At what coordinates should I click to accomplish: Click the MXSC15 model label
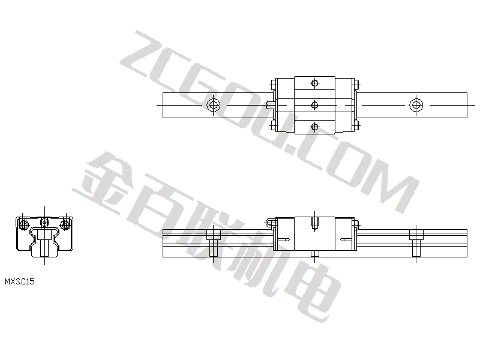(20, 281)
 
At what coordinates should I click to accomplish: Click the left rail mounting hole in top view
(214, 106)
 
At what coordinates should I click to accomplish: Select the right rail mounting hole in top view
(416, 106)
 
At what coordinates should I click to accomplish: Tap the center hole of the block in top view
(314, 106)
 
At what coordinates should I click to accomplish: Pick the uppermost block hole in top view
(314, 83)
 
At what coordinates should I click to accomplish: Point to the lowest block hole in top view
(314, 127)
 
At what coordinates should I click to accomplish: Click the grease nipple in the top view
(271, 106)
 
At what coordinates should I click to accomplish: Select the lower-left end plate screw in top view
(274, 125)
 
